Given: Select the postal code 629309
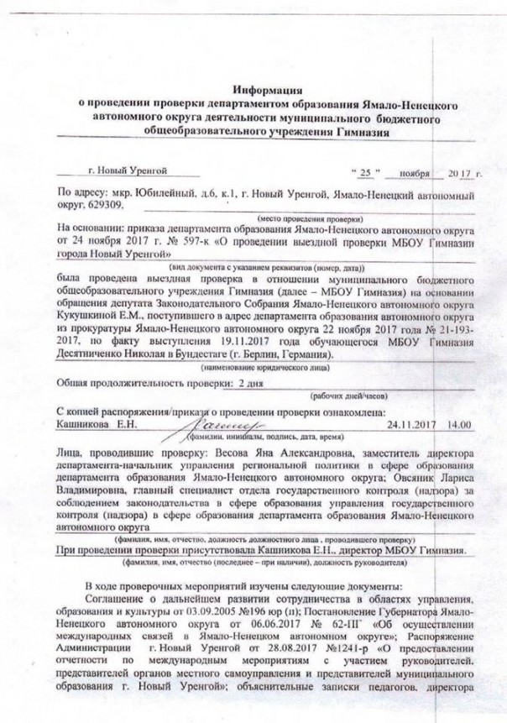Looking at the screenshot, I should (x=104, y=204).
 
